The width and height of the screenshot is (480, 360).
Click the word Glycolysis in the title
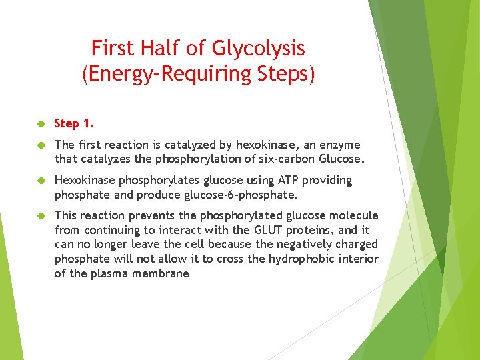pos(259,49)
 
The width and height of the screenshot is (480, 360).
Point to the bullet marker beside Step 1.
pos(41,124)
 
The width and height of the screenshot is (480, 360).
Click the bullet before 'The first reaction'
pos(41,145)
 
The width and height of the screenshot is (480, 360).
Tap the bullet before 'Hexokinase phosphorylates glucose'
pos(41,181)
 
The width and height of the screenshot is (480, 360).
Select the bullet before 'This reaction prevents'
pos(41,216)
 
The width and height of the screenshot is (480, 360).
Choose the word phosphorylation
pos(181,159)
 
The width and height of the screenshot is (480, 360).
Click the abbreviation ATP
pos(291,181)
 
